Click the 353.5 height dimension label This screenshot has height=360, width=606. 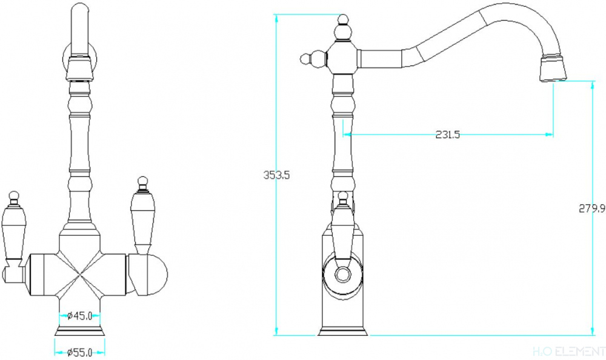point(276,175)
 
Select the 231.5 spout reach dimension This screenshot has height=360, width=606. point(448,135)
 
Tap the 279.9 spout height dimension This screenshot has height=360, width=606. point(591,208)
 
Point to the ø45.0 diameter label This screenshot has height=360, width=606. point(79,316)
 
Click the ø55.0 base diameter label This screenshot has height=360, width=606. point(79,352)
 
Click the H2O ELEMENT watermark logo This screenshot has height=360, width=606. point(569,351)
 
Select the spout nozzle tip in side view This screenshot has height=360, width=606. point(553,69)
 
